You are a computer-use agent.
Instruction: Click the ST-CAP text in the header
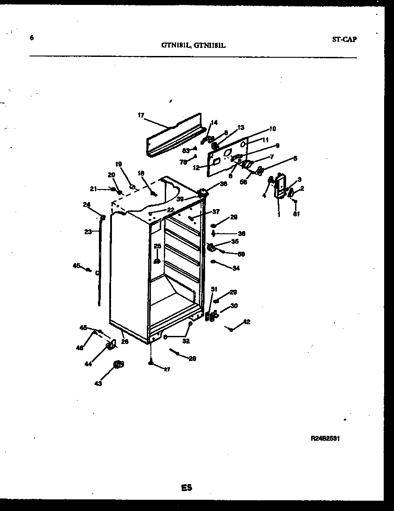(x=344, y=39)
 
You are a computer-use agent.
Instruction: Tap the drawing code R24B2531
(x=325, y=439)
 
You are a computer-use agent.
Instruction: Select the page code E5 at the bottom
(x=187, y=488)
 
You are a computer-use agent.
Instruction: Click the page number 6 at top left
(x=32, y=38)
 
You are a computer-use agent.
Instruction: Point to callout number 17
(x=141, y=115)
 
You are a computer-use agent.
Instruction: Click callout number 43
(x=98, y=383)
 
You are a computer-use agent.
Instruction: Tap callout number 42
(x=246, y=322)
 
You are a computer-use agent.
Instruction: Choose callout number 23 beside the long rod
(x=88, y=232)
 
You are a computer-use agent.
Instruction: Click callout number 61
(x=296, y=214)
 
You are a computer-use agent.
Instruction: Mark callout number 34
(x=236, y=268)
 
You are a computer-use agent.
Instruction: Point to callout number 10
(x=272, y=129)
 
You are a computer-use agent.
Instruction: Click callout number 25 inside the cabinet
(x=157, y=246)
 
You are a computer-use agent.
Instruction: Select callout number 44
(x=88, y=364)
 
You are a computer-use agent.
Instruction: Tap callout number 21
(x=94, y=189)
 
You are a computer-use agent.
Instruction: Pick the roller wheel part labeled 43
(x=119, y=365)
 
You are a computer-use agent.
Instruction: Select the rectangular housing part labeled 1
(x=281, y=185)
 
